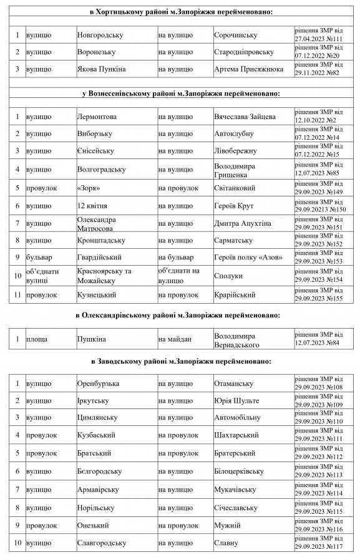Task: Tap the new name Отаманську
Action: point(233,383)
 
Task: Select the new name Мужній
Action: point(227,526)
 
